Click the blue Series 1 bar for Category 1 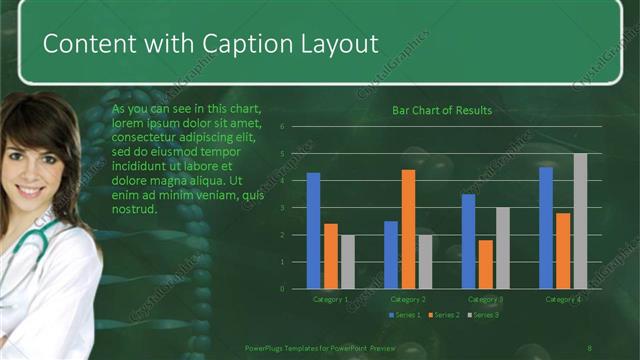click(313, 230)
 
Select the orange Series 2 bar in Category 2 click(408, 229)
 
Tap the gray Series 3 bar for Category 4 click(580, 221)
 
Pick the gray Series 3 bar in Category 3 click(502, 248)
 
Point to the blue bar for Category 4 click(546, 228)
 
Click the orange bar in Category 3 click(485, 264)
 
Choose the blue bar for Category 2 click(391, 255)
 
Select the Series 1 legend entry click(406, 315)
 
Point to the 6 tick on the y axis click(283, 127)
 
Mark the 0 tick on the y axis click(283, 289)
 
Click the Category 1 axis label click(330, 299)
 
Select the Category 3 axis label click(485, 299)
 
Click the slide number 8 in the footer click(590, 347)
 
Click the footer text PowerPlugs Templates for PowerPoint click(321, 347)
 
